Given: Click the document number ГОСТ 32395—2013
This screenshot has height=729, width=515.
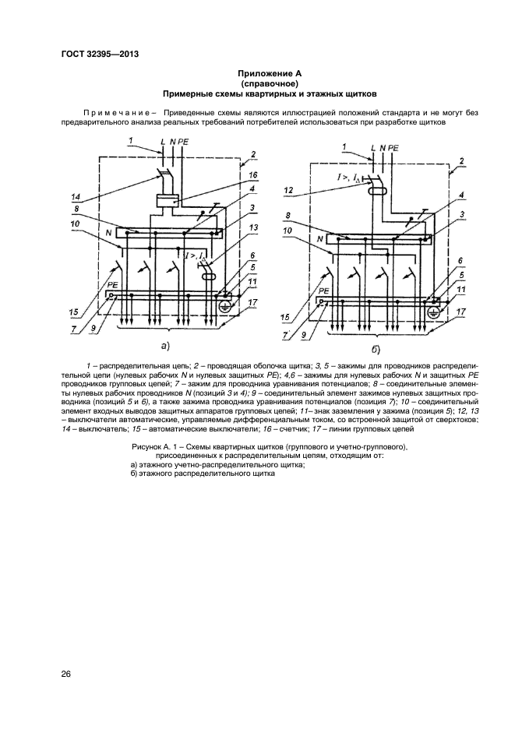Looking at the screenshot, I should point(104,54).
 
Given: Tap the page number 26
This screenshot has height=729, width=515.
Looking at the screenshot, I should point(66,674).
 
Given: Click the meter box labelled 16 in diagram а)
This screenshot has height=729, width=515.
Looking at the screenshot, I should point(169,200).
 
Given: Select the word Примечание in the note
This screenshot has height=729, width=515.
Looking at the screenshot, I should point(115,112).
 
